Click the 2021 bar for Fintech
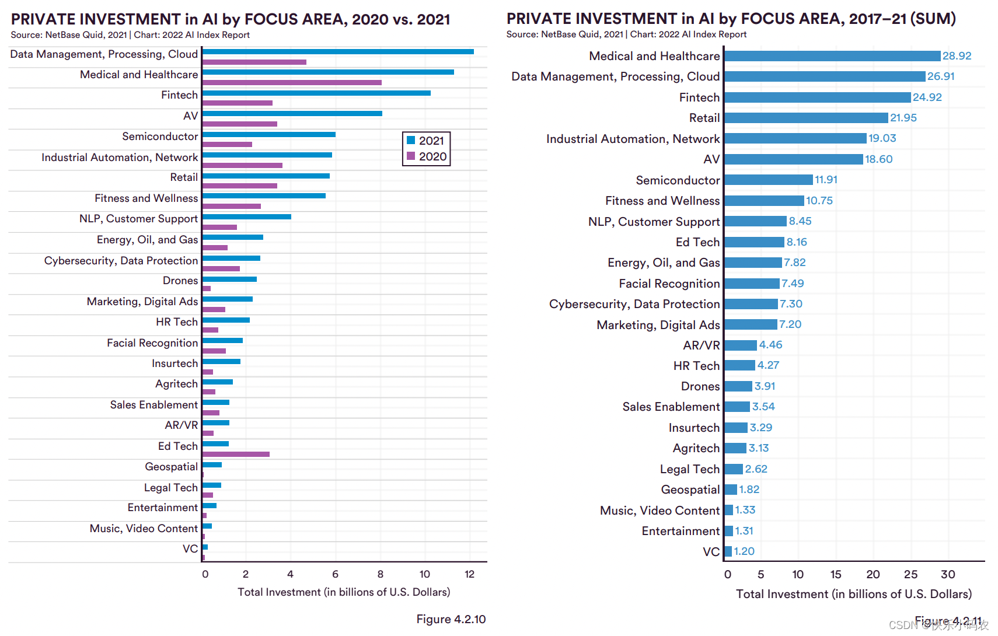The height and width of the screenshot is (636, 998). pos(316,93)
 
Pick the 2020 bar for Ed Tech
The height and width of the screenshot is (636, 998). pos(236,454)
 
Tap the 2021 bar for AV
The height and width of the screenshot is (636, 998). pos(292,114)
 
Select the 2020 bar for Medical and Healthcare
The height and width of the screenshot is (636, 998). pos(292,83)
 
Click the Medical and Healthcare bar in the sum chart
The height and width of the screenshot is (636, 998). pos(832,56)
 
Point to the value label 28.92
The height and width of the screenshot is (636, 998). pos(957,56)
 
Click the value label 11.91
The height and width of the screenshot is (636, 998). pos(826,180)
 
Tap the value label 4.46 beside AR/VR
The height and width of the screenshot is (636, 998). pos(770,345)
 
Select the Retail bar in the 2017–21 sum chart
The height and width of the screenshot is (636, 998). pos(806,118)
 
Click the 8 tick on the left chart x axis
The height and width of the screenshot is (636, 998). pos(381,574)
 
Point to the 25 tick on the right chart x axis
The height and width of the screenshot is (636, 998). pos(910,574)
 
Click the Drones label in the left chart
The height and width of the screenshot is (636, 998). pos(180,281)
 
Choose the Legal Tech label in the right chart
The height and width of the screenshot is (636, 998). pos(689,469)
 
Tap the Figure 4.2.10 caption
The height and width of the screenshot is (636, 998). pos(451,619)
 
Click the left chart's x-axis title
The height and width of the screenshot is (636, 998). pos(344,592)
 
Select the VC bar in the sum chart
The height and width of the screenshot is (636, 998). pos(728,551)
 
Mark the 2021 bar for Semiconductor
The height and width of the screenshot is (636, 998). pos(268,135)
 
